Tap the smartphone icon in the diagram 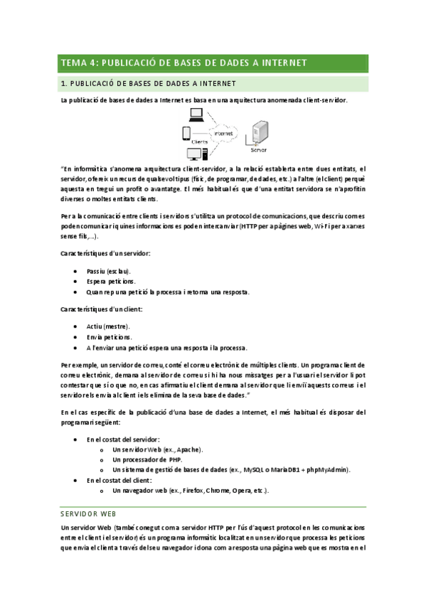pos(186,133)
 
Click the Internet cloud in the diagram pos(223,133)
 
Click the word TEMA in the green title pos(72,63)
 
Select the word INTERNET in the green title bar pos(281,63)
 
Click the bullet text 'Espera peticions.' pos(110,282)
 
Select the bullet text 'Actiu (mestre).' pos(108,326)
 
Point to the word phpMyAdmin pos(328,470)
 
